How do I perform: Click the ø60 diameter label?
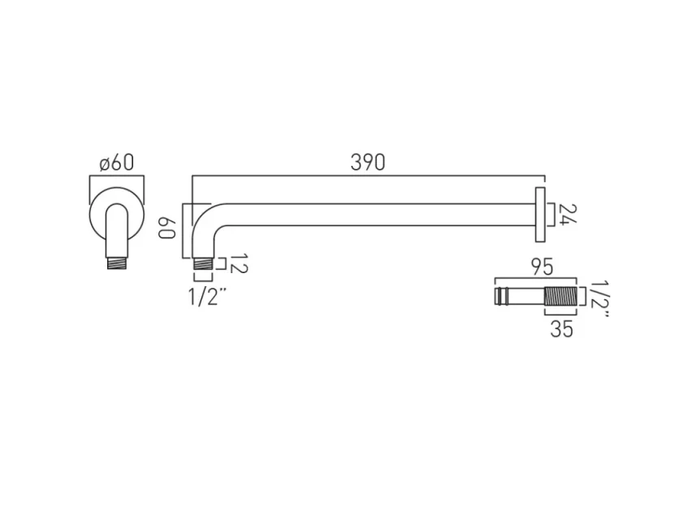[116, 163]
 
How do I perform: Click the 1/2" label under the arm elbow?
[204, 297]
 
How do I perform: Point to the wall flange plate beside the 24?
[539, 215]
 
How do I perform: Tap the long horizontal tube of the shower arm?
[374, 215]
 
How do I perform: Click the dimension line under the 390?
[368, 176]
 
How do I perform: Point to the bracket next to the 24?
[551, 215]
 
